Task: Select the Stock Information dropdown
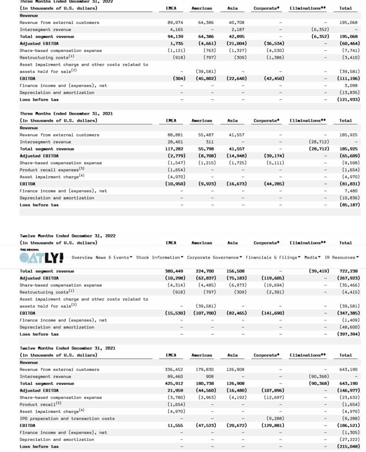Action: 160,257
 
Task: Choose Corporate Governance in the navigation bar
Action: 215,257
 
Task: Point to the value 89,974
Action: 175,23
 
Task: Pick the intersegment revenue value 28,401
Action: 175,142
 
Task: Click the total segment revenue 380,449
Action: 174,271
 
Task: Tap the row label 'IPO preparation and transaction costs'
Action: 67,418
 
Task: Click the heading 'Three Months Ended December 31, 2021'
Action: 66,114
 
